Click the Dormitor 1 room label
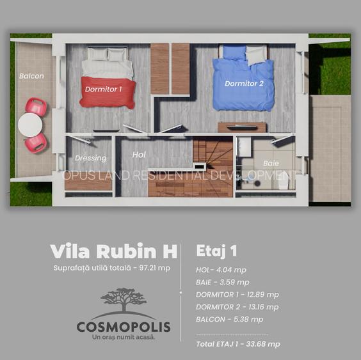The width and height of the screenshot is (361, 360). [x=103, y=90]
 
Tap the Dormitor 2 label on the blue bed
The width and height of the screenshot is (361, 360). [x=244, y=84]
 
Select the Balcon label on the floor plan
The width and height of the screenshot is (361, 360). [x=31, y=76]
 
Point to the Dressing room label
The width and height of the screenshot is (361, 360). [x=90, y=158]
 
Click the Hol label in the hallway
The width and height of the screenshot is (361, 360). [x=139, y=155]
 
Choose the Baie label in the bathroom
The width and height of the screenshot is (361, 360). [x=271, y=163]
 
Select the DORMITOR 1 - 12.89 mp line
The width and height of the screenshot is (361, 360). [x=237, y=294]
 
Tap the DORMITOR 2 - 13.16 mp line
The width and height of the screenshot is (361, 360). [x=237, y=306]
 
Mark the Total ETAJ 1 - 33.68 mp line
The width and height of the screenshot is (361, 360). [x=238, y=343]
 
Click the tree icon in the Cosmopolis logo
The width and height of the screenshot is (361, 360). [x=124, y=302]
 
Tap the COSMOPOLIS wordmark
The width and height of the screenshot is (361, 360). [x=124, y=327]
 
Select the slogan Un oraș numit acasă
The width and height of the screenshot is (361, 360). [x=124, y=337]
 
